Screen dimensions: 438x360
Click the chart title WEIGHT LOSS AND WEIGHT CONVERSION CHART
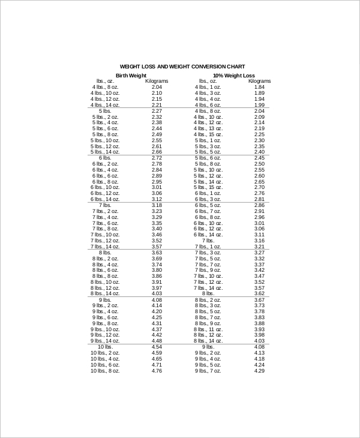[x=182, y=67]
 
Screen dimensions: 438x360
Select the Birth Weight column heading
[x=131, y=75]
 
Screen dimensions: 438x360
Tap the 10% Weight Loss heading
[x=231, y=75]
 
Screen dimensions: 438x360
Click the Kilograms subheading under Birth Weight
[x=157, y=81]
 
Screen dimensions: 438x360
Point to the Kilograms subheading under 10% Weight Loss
[x=259, y=81]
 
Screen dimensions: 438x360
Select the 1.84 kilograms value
[x=259, y=87]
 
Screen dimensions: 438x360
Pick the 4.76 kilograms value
[x=157, y=371]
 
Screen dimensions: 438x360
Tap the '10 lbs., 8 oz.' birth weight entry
[x=105, y=371]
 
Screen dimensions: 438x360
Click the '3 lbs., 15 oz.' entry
[x=208, y=105]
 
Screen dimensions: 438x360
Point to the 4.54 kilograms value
[x=157, y=347]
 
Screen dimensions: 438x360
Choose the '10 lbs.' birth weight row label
[x=105, y=347]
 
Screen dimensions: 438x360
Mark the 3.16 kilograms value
[x=259, y=240]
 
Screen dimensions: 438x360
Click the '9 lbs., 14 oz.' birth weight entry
[x=105, y=341]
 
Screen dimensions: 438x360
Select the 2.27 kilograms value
[x=157, y=111]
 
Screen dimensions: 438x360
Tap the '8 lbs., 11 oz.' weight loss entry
[x=208, y=329]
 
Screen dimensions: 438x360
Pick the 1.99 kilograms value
[x=259, y=105]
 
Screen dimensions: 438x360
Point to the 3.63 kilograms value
[x=157, y=253]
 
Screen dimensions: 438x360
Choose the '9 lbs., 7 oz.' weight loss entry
[x=208, y=371]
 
